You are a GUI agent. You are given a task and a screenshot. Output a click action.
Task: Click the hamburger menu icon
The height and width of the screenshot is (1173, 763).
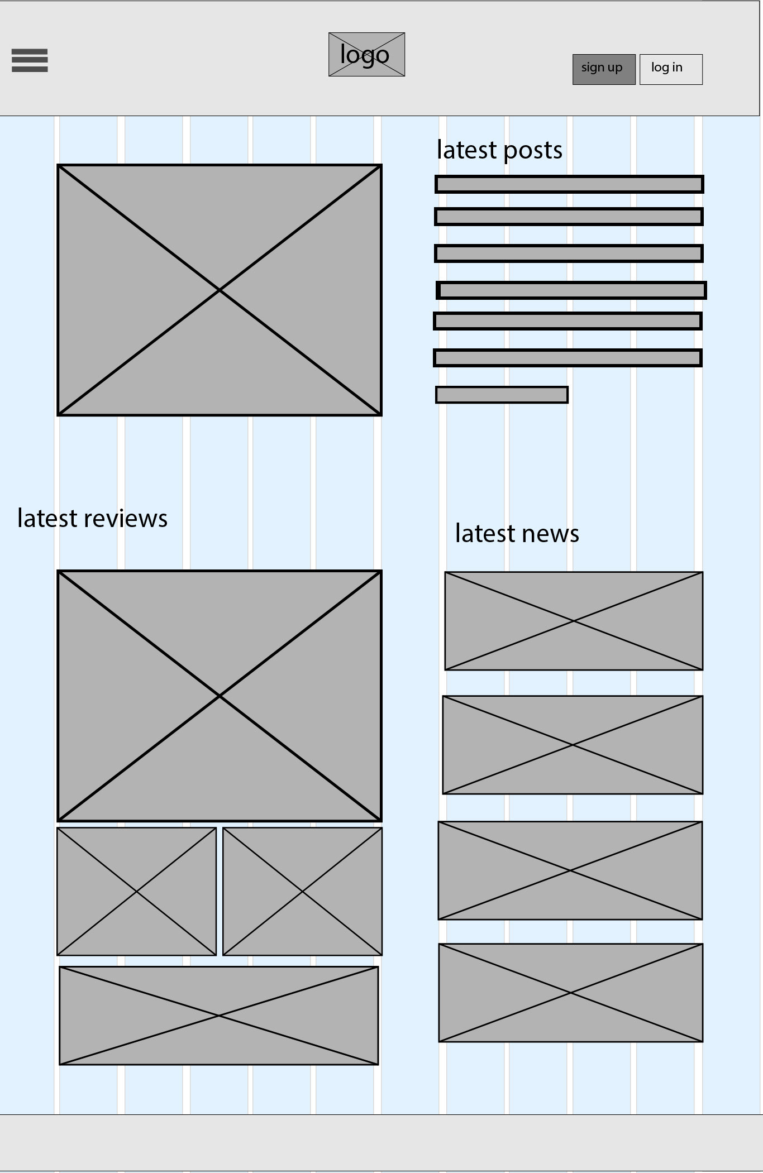point(30,60)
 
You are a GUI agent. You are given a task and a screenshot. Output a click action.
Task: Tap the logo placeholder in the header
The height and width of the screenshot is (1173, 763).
point(366,55)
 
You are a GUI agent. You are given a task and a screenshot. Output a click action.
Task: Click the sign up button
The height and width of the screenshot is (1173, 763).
point(603,69)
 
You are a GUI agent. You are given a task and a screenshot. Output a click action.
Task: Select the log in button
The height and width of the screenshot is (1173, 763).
point(670,69)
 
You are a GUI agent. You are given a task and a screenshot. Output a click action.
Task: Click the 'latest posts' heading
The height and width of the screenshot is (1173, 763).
point(499,150)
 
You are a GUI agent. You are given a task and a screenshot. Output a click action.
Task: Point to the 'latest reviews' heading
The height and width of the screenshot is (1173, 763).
point(92,519)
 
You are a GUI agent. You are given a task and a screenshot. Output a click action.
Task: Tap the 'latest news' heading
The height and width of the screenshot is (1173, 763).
point(517,534)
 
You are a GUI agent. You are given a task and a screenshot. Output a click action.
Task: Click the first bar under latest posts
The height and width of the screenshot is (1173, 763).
point(569,184)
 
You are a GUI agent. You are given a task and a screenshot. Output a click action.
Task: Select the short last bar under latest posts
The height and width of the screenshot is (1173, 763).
point(502,395)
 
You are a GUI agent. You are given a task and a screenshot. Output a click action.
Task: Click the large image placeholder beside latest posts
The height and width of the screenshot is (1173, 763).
point(220,290)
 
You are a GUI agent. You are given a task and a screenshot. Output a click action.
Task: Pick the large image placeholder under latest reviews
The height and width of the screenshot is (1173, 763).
point(220,696)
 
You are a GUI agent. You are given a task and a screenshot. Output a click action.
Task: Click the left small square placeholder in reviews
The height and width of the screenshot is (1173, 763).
point(136,892)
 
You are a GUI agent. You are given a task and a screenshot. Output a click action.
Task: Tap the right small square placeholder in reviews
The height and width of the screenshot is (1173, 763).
point(302,892)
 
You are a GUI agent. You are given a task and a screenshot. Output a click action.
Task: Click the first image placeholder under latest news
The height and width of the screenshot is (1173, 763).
point(574,621)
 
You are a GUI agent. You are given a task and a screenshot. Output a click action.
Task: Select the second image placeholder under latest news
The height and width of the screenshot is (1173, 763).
point(573,745)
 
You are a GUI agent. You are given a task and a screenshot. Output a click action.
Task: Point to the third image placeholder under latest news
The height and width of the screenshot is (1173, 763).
point(570,870)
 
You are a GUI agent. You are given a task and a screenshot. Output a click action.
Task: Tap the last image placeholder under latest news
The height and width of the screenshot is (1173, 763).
point(570,993)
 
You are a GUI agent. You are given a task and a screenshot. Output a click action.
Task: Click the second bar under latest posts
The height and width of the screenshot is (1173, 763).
point(569,217)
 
